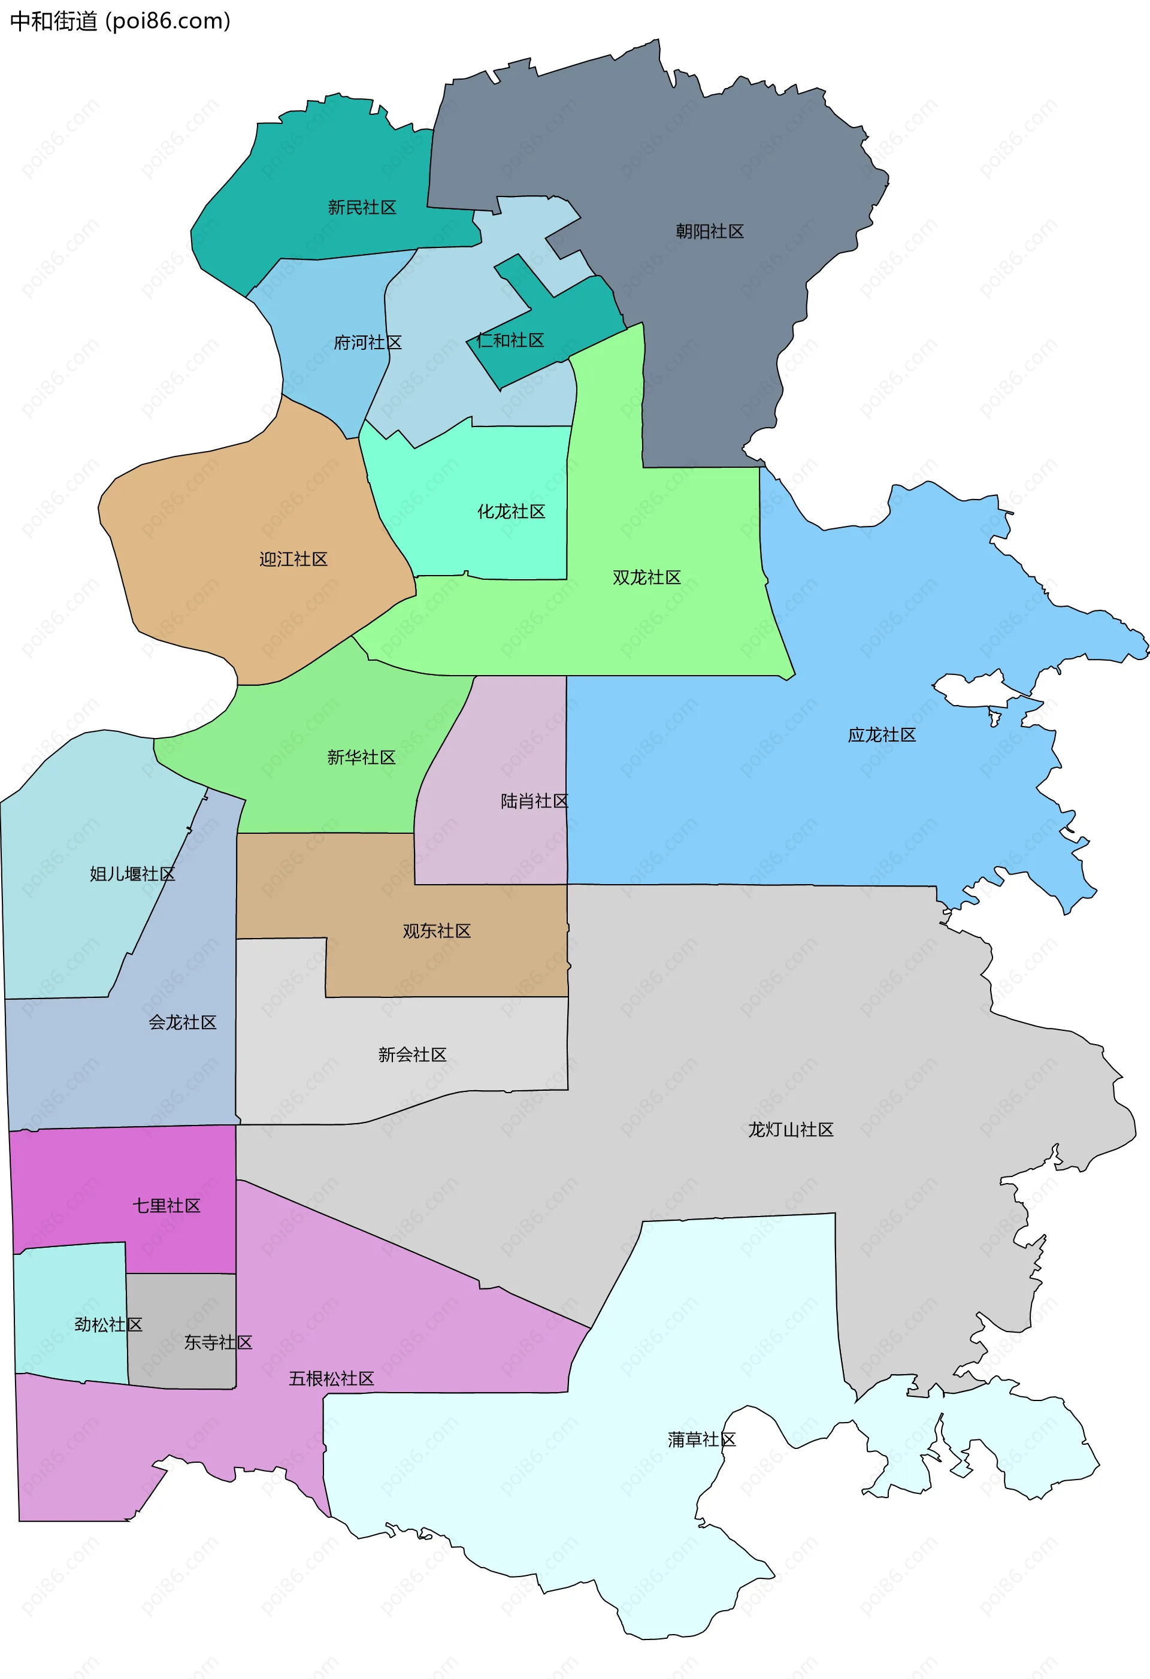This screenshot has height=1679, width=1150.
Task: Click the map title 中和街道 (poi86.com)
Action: coord(120,21)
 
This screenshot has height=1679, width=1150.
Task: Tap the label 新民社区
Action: coord(362,208)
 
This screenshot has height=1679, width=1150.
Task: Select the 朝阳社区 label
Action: coord(709,232)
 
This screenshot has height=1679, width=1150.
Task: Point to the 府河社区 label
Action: coord(368,343)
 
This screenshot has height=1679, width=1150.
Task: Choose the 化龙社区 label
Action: coord(511,512)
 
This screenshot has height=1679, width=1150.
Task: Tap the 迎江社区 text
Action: coord(293,559)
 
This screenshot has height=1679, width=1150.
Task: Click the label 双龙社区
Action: coord(646,577)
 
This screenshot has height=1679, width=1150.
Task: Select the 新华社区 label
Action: coord(361,757)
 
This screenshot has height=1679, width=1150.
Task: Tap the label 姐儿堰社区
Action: coord(132,874)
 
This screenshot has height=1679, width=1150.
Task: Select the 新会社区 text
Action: coord(411,1055)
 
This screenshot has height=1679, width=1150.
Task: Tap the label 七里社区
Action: coord(166,1206)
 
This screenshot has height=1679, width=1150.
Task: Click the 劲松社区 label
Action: coord(108,1324)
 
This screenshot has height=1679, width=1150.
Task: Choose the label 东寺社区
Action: coord(217,1342)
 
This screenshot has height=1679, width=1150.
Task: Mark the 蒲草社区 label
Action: coord(701,1440)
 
